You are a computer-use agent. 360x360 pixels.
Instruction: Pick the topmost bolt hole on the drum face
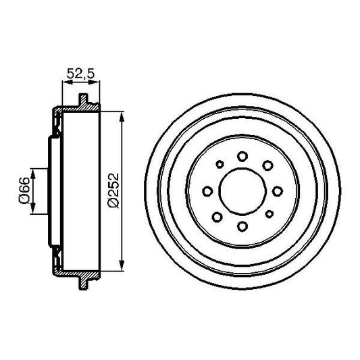(243, 157)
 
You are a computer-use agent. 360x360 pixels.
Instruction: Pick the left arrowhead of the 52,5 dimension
(64, 82)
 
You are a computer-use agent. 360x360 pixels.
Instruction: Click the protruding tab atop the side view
(84, 101)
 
